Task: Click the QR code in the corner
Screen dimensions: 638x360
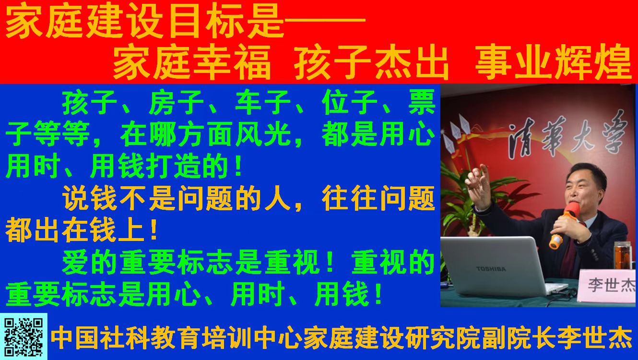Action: click(24, 337)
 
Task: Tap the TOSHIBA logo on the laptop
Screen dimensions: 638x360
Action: click(491, 269)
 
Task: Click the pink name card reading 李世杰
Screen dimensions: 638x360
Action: click(608, 285)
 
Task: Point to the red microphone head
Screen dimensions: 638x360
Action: click(572, 209)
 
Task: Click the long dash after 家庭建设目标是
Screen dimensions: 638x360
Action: click(325, 21)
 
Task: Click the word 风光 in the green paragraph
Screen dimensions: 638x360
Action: click(263, 134)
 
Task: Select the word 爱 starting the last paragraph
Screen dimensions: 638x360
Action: click(75, 262)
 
